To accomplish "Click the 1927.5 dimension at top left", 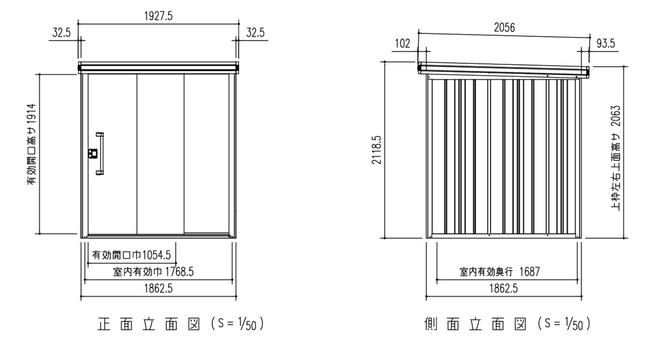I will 158,18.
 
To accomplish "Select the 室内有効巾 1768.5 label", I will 153,272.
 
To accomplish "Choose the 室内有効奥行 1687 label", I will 499,272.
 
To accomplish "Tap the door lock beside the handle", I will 92,153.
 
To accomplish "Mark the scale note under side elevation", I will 563,325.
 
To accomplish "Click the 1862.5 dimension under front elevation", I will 158,289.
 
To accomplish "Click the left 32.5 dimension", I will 61,33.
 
